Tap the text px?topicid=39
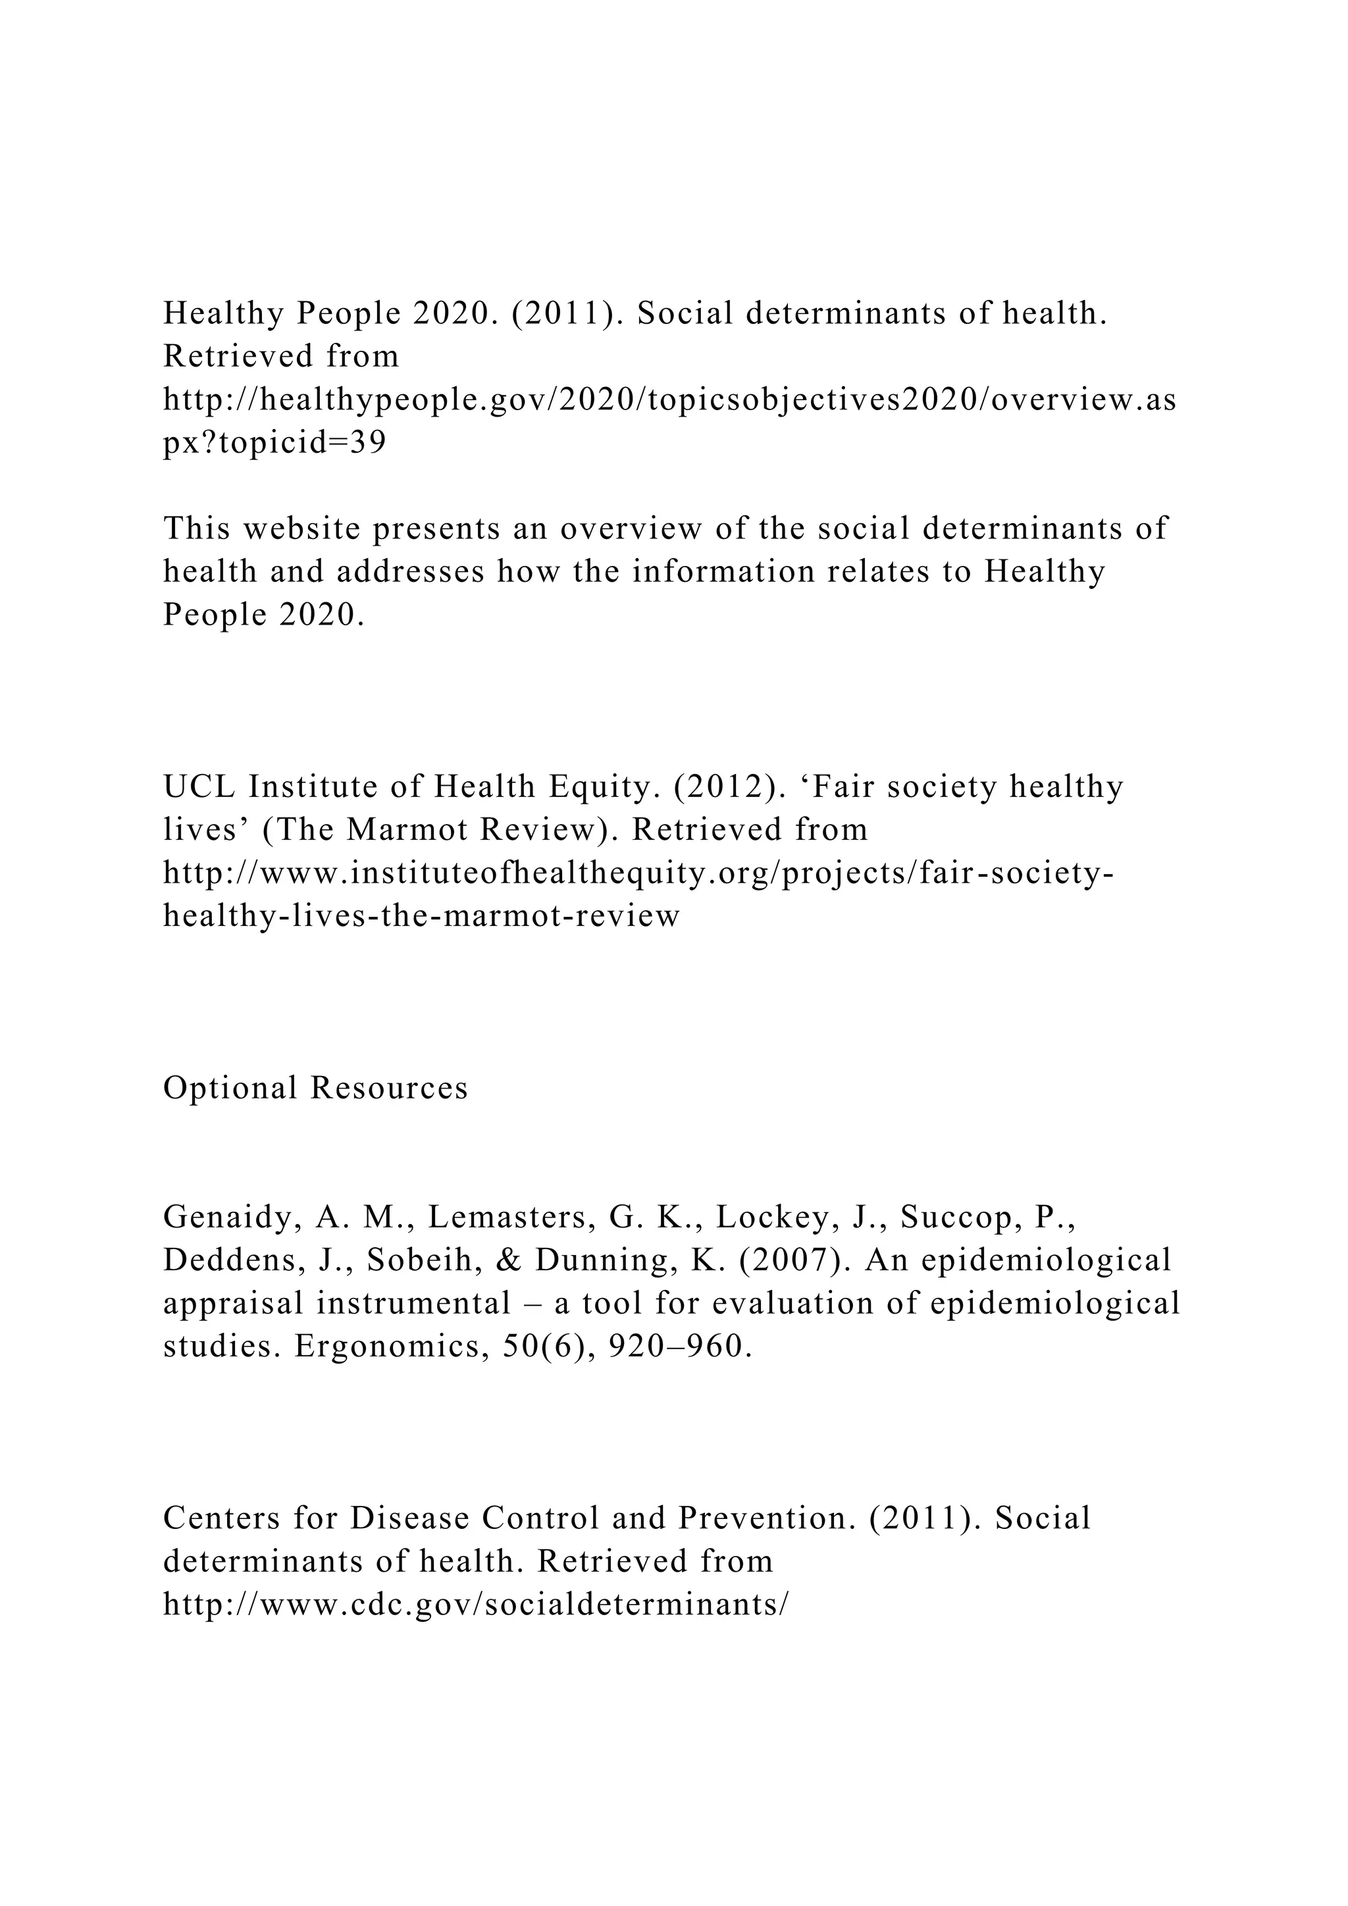[274, 444]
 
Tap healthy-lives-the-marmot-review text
[421, 915]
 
